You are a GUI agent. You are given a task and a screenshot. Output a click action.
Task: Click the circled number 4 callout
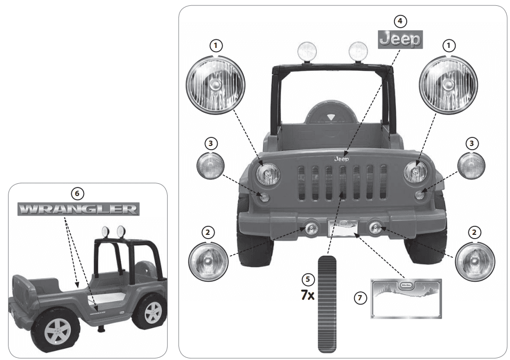(400, 21)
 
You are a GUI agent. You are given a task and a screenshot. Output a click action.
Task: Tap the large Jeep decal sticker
(400, 40)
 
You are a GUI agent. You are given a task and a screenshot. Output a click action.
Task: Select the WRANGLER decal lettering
(78, 208)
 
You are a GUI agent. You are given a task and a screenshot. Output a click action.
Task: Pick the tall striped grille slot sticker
(328, 304)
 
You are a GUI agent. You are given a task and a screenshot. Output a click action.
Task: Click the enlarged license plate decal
(406, 297)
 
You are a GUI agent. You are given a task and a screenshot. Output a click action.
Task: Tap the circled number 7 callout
(360, 298)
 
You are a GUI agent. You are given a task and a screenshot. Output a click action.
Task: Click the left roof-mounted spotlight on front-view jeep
(306, 51)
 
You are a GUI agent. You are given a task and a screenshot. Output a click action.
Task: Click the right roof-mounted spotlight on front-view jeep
(358, 51)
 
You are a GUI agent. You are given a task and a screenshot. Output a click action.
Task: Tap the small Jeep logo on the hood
(341, 158)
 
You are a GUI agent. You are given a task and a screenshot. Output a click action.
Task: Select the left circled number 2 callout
(209, 233)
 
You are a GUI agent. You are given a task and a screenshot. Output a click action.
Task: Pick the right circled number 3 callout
(471, 143)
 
